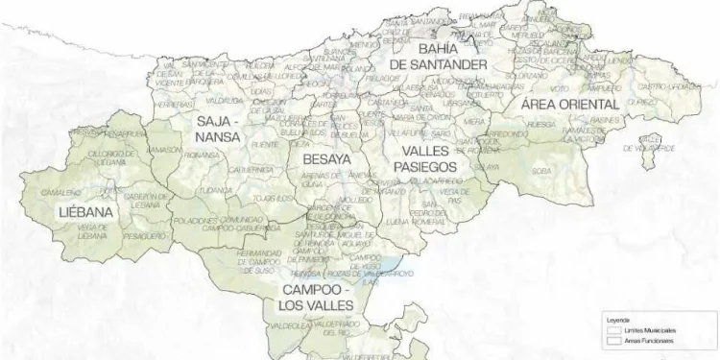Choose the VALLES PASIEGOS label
424,159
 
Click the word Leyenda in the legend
617,319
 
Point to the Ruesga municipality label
541,123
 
